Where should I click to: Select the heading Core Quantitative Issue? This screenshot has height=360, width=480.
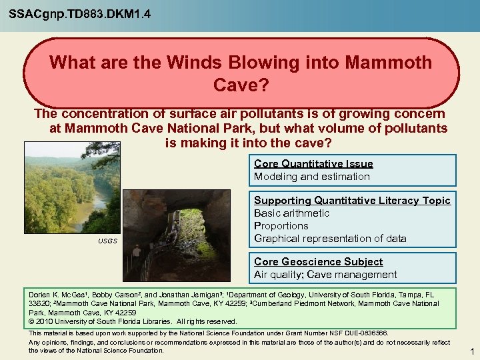pos(313,163)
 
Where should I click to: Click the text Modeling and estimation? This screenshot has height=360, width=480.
pos(311,177)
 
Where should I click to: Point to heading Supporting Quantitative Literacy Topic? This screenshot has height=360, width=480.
pos(352,200)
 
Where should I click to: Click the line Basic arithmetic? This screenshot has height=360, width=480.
pos(291,213)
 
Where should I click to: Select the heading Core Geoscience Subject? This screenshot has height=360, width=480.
pos(318,261)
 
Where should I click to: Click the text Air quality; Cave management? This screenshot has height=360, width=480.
pos(325,275)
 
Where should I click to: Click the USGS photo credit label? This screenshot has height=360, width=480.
pos(108,241)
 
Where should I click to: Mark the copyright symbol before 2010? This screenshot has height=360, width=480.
pos(31,321)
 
